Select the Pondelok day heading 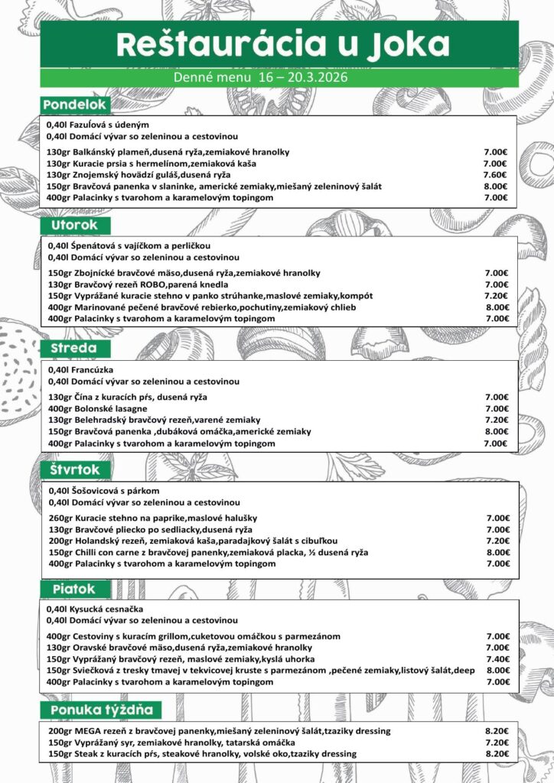coord(77,104)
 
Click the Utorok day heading coord(75,226)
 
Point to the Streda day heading coord(74,349)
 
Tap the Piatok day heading coord(74,590)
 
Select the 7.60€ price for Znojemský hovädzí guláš coord(495,174)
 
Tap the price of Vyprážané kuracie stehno coord(496,296)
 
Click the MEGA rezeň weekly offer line coord(219,731)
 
